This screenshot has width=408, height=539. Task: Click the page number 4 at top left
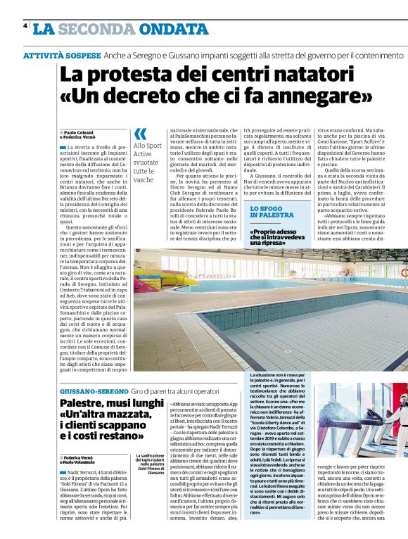(25, 25)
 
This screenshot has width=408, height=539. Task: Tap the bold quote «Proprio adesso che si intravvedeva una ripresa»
(281, 239)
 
